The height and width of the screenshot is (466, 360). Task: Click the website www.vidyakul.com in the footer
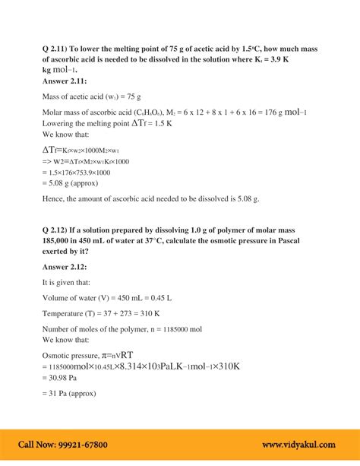[x=302, y=445]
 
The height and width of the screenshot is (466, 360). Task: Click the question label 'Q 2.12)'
[x=59, y=230]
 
